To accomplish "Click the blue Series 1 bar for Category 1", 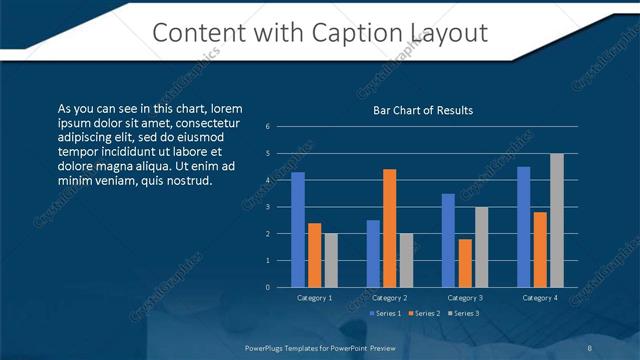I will click(x=297, y=229).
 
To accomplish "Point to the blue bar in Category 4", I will click(x=523, y=226).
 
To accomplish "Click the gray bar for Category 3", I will click(x=481, y=247).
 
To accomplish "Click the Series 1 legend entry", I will click(x=387, y=313).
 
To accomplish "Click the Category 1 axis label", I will click(x=314, y=297).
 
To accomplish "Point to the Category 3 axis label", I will click(x=465, y=297).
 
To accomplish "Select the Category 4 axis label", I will click(x=540, y=297).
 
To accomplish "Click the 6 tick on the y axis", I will click(x=268, y=127).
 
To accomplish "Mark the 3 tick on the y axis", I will click(x=268, y=207).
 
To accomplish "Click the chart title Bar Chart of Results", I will click(x=422, y=110).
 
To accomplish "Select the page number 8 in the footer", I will click(x=588, y=347).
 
